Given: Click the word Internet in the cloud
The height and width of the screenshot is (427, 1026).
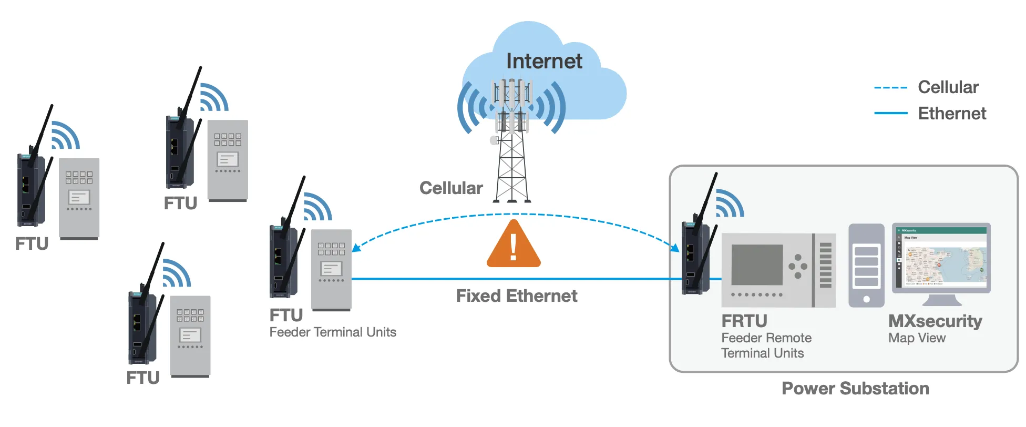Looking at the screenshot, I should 544,61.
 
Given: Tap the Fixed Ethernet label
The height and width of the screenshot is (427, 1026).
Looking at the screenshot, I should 516,296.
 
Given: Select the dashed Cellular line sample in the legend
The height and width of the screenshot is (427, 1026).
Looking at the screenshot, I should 890,88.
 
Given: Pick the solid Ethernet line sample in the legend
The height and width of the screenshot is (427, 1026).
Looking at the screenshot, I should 890,113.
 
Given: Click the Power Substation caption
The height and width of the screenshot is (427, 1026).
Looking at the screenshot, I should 855,389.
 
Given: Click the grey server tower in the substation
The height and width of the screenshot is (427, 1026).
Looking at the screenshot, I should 866,266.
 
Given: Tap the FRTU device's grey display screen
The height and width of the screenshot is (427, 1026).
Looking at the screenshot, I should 757,266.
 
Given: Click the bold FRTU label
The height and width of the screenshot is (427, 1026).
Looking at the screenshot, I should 744,321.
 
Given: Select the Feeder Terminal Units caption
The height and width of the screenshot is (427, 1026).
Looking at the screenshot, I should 333,332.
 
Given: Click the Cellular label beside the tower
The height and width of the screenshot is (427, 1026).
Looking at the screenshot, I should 451,188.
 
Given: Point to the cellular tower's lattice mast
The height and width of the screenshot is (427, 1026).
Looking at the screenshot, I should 512,168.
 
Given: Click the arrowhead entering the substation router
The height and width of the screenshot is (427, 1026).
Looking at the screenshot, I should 675,248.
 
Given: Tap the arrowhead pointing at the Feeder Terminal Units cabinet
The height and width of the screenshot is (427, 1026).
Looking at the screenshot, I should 356,248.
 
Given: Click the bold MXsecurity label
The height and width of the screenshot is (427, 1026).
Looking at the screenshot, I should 935,321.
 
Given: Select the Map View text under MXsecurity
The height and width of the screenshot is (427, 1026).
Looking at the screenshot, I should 917,338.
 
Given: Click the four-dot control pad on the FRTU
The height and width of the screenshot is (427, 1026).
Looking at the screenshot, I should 798,266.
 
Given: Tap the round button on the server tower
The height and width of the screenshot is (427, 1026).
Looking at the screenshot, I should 866,299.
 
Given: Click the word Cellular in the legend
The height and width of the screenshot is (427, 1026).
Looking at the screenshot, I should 948,87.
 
